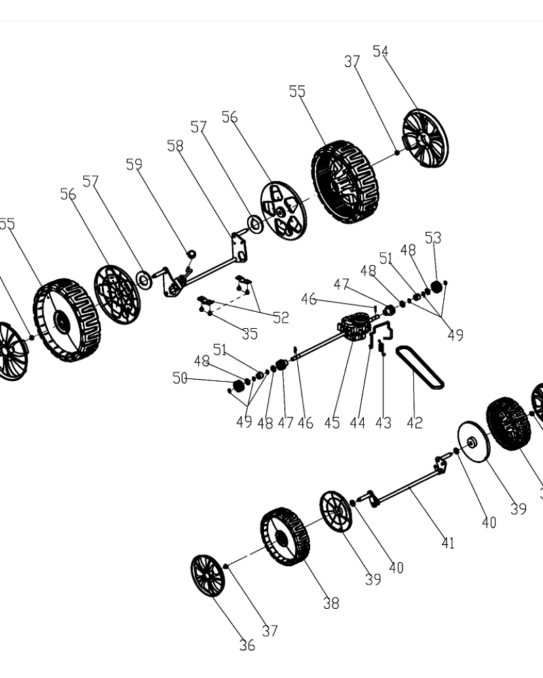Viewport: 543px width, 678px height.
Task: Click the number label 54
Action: pyautogui.click(x=380, y=52)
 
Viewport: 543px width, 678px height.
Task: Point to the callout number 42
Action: pyautogui.click(x=414, y=422)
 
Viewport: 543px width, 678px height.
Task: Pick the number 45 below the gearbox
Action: pyautogui.click(x=331, y=422)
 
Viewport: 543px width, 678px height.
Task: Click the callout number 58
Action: pyautogui.click(x=175, y=146)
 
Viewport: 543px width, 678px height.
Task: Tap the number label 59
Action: pyautogui.click(x=134, y=164)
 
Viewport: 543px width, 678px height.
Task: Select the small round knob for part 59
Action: pyautogui.click(x=191, y=254)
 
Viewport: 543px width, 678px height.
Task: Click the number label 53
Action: pyautogui.click(x=433, y=237)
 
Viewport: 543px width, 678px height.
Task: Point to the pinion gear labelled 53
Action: pyautogui.click(x=436, y=288)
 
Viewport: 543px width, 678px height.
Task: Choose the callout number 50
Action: pyautogui.click(x=179, y=378)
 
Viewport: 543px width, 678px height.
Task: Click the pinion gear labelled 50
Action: pyautogui.click(x=238, y=386)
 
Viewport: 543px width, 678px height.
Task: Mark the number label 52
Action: pyautogui.click(x=280, y=317)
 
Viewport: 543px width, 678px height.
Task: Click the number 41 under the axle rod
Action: pyautogui.click(x=447, y=542)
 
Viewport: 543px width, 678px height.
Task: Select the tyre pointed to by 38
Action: pyautogui.click(x=285, y=536)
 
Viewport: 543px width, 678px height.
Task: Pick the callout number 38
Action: pyautogui.click(x=331, y=603)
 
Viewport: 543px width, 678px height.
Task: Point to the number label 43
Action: pyautogui.click(x=383, y=422)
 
